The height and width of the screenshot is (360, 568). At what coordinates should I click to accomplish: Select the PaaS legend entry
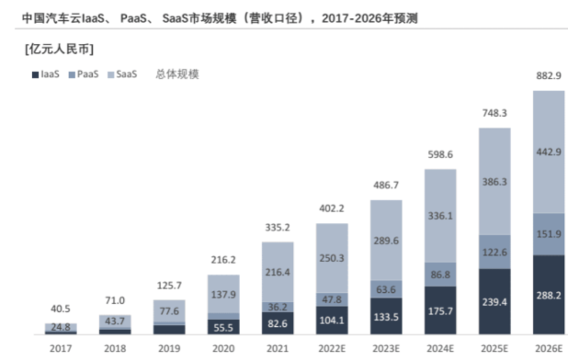[85, 73]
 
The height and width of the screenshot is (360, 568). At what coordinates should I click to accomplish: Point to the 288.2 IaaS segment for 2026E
[550, 297]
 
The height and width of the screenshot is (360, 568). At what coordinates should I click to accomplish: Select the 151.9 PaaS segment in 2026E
[550, 233]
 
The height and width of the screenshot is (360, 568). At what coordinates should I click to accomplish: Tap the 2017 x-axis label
[61, 349]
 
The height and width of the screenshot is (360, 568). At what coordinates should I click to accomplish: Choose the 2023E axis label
[386, 349]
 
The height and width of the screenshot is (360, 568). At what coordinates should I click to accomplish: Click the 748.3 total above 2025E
[494, 113]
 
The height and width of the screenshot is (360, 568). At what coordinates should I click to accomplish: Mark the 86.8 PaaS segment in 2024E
[440, 274]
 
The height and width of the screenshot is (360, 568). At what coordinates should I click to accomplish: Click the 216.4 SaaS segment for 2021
[278, 273]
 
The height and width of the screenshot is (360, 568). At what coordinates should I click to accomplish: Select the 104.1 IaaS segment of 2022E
[332, 321]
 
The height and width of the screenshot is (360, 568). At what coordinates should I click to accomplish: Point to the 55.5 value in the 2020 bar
[223, 327]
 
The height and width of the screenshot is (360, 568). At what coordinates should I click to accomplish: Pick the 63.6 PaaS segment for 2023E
[386, 287]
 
